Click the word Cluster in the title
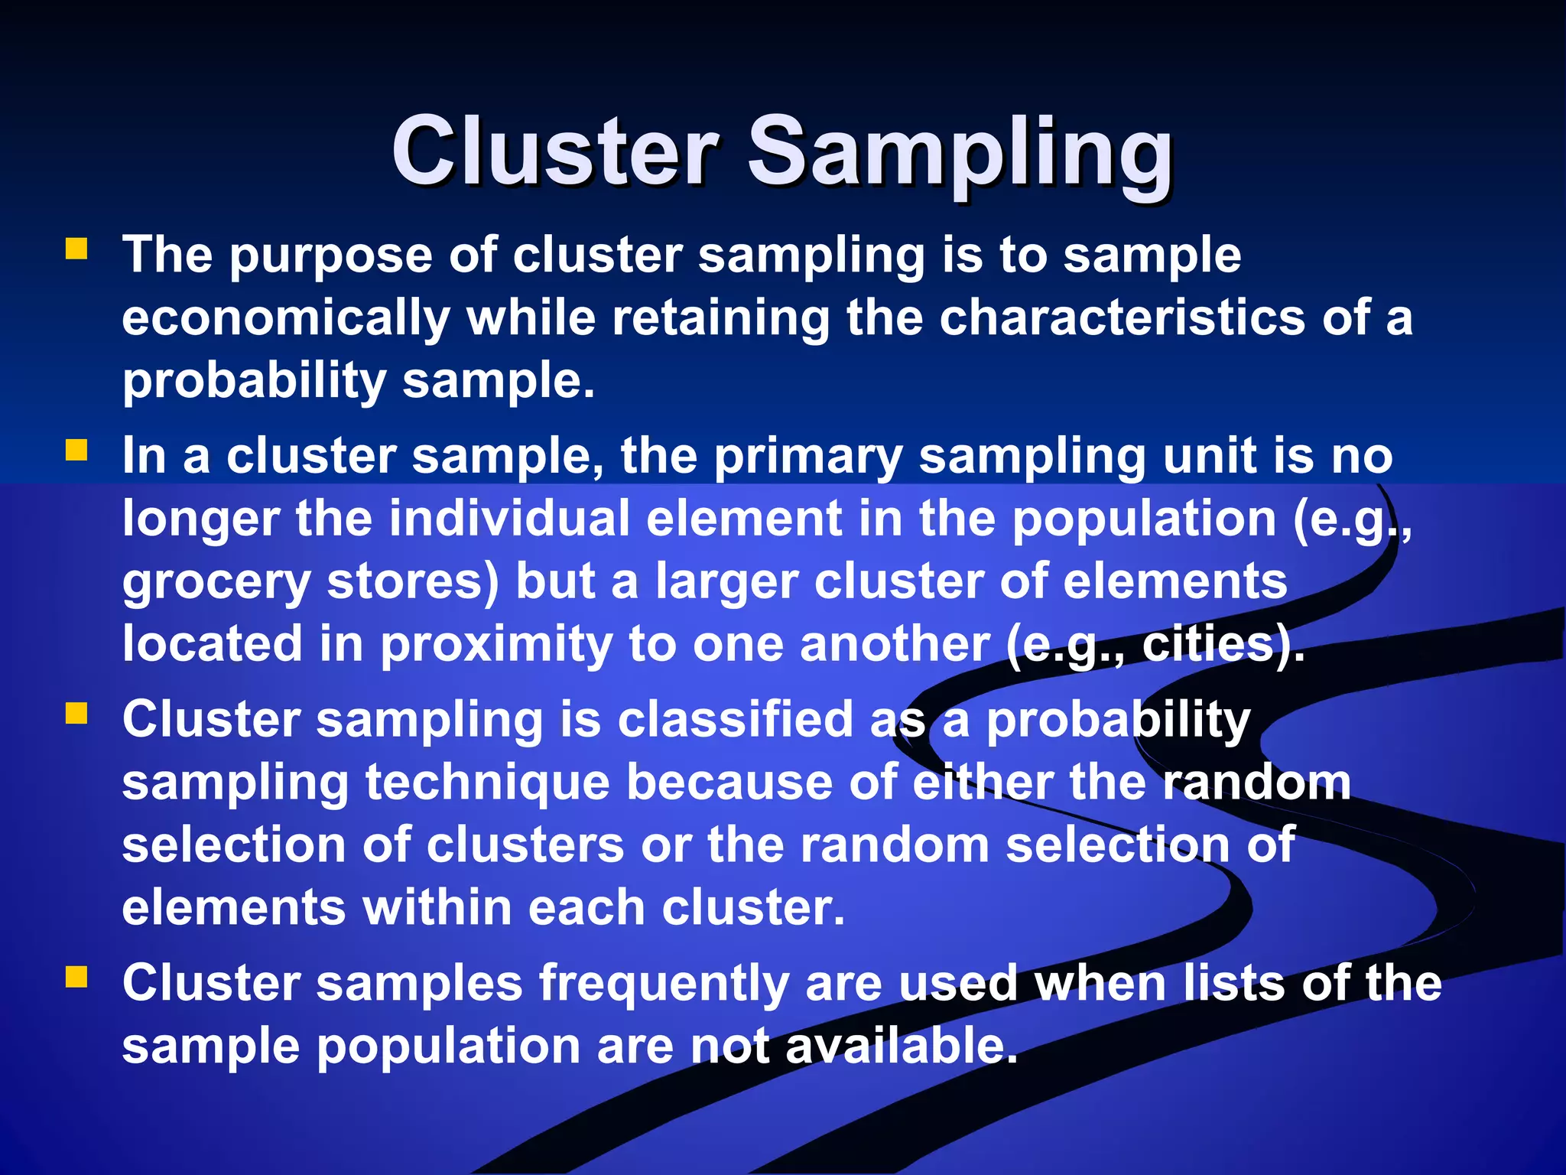point(555,151)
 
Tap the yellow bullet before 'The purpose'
point(76,249)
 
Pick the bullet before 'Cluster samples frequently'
point(76,977)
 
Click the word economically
point(286,319)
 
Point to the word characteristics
point(1122,317)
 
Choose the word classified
point(735,721)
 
